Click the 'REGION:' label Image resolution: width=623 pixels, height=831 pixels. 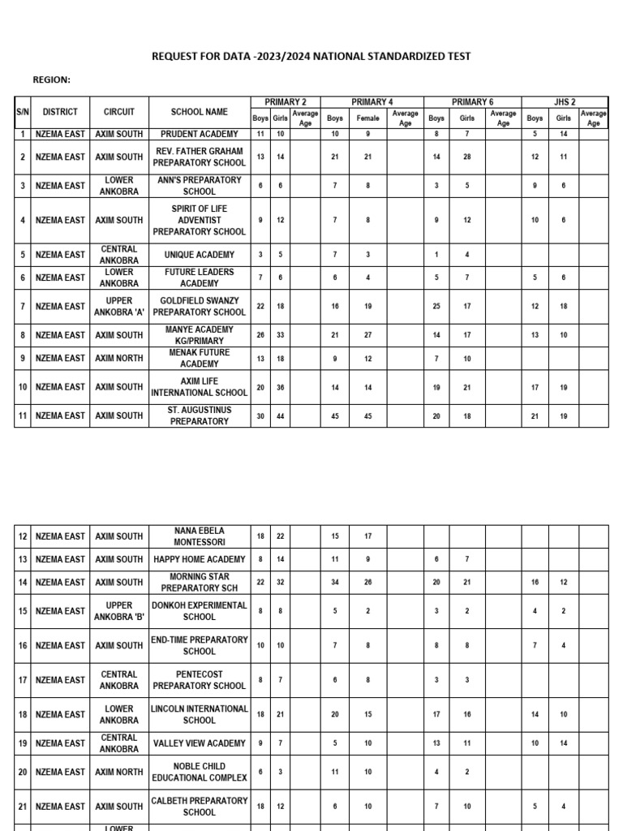click(x=51, y=80)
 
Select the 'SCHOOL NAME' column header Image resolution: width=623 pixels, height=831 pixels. click(x=200, y=112)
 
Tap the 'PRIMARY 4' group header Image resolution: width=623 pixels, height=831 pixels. click(x=372, y=101)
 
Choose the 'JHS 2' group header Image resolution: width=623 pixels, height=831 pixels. click(x=564, y=101)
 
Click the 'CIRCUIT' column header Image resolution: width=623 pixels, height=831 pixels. click(x=119, y=112)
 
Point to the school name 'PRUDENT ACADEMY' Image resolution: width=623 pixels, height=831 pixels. click(x=200, y=134)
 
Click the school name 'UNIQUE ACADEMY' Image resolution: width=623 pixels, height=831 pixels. click(x=200, y=255)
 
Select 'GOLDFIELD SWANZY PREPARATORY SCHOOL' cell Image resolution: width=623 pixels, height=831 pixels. click(x=200, y=307)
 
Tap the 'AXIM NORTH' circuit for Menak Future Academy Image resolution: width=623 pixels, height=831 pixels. click(x=119, y=359)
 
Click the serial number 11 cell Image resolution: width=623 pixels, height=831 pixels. click(x=23, y=416)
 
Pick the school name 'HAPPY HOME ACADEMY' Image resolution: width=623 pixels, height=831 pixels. click(x=200, y=559)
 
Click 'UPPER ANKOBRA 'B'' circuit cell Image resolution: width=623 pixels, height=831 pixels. click(x=119, y=611)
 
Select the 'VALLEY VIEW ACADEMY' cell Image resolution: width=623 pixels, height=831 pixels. click(x=200, y=743)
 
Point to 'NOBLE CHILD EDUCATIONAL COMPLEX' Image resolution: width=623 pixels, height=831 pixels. click(x=200, y=772)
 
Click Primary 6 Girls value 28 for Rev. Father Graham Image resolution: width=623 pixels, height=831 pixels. click(x=467, y=157)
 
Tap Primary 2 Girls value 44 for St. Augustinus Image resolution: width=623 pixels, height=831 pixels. click(x=281, y=416)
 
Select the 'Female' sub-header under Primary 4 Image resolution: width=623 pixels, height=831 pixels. click(x=367, y=118)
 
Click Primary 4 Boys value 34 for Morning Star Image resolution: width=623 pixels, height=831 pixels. click(x=334, y=583)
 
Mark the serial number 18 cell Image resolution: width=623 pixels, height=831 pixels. click(x=23, y=715)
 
